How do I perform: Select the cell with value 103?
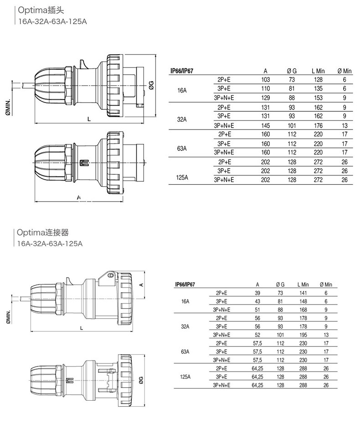pyautogui.click(x=266, y=80)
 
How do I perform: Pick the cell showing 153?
pyautogui.click(x=318, y=98)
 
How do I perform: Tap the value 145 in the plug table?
pyautogui.click(x=266, y=126)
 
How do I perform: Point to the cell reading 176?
pyautogui.click(x=318, y=126)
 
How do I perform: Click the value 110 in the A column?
pyautogui.click(x=266, y=89)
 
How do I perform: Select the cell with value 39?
pyautogui.click(x=257, y=293)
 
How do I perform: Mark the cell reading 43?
pyautogui.click(x=257, y=301)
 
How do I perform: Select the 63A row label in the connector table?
pyautogui.click(x=185, y=351)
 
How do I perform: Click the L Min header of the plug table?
pyautogui.click(x=318, y=71)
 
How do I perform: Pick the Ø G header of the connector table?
pyautogui.click(x=280, y=284)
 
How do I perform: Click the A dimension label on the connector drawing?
pyautogui.click(x=142, y=284)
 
